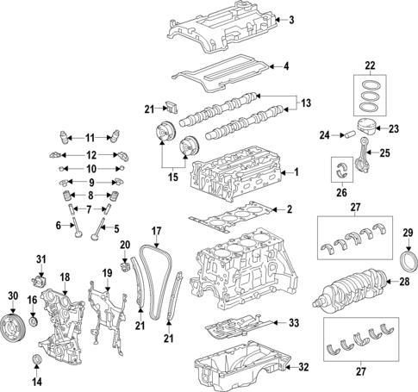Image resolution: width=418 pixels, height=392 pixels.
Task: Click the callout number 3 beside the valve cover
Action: [x=291, y=20]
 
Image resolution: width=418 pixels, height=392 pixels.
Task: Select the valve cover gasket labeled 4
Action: [x=221, y=73]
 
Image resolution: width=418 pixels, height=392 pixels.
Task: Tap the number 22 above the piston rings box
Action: [x=370, y=65]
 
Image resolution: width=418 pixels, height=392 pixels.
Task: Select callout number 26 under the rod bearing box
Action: [x=341, y=192]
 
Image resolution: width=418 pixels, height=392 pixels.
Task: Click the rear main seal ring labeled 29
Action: [x=409, y=261]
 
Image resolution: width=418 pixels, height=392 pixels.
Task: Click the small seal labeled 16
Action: [x=34, y=321]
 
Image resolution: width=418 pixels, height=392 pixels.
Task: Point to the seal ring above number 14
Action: [x=36, y=359]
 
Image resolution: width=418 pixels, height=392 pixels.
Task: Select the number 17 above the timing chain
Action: [x=157, y=231]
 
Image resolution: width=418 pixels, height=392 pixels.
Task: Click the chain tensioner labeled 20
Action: [x=125, y=267]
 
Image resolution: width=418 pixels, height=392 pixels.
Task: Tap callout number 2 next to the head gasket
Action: [x=289, y=209]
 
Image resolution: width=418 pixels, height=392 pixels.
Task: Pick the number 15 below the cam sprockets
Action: [x=173, y=177]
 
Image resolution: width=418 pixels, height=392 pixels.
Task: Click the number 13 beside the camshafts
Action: [x=306, y=103]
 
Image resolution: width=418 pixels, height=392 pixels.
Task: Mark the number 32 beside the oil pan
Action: [x=303, y=367]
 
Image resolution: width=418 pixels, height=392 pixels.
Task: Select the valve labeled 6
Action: [x=77, y=227]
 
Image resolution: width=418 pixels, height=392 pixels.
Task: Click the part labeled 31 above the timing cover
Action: [x=39, y=281]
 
